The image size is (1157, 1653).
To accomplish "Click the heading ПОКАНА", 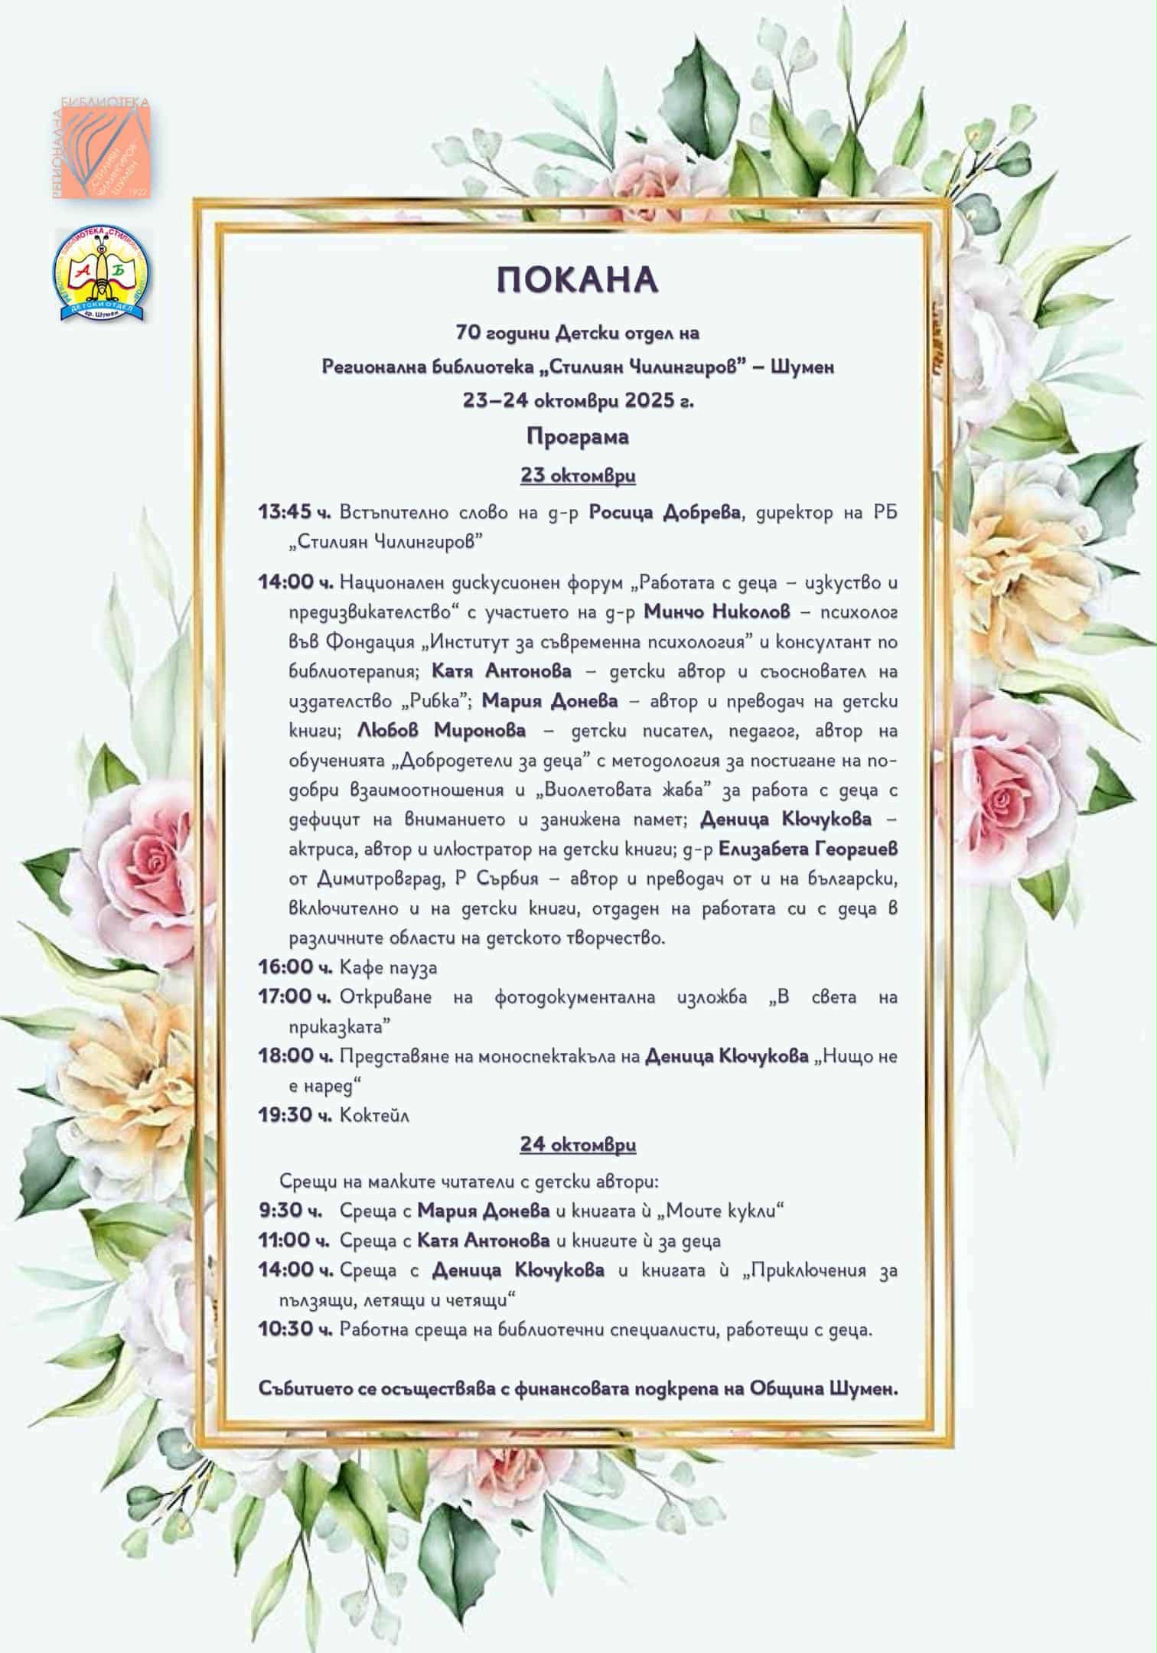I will click(578, 281).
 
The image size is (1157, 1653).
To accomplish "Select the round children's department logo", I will click(102, 274).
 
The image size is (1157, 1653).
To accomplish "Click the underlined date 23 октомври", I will click(578, 475).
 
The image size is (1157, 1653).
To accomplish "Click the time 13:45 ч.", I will click(295, 512).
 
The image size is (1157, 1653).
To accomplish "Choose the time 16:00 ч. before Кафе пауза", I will click(295, 967).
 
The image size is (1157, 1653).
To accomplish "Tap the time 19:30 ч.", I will click(295, 1115).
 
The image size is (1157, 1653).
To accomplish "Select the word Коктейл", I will click(375, 1115).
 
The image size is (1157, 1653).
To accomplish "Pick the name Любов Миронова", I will click(442, 730).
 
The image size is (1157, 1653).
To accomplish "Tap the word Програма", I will click(578, 437).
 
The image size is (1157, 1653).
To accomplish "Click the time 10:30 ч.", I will click(295, 1329).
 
